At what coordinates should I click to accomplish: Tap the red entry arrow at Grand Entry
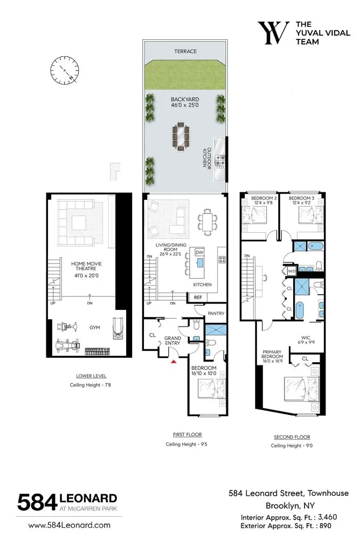[x=174, y=362]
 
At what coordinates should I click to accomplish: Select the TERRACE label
[x=185, y=51]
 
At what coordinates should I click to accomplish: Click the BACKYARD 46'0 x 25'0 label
[x=185, y=103]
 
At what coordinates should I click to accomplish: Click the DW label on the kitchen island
[x=199, y=252]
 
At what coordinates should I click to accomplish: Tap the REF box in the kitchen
[x=197, y=296]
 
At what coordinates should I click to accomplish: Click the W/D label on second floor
[x=292, y=271]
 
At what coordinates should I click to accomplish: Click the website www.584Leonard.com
[x=69, y=524]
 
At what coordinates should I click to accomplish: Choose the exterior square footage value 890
[x=327, y=525]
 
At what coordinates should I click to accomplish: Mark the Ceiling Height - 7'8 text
[x=91, y=385]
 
